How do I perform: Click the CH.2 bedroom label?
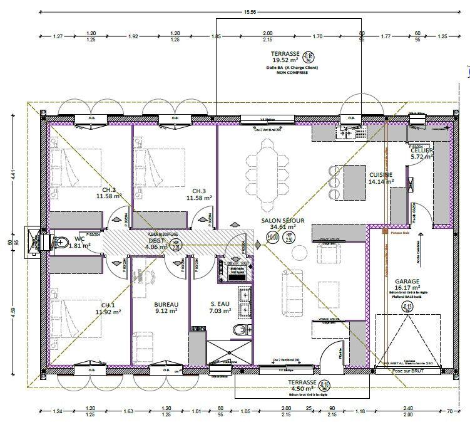[x=109, y=189]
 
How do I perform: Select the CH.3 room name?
[x=199, y=191]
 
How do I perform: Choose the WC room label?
[x=79, y=238]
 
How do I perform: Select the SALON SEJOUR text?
[x=283, y=221]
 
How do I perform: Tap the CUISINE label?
[x=381, y=174]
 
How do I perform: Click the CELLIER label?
[x=421, y=150]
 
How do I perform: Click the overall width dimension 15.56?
[x=250, y=12]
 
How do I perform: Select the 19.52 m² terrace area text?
[x=285, y=61]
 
